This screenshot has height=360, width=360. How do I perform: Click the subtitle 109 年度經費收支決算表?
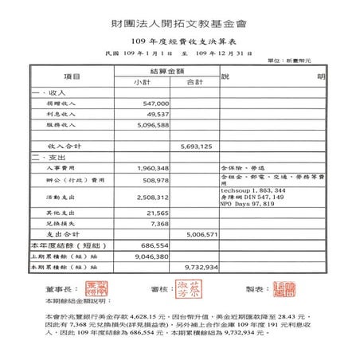[x=179, y=39]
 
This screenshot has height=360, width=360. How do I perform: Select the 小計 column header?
[x=143, y=82]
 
